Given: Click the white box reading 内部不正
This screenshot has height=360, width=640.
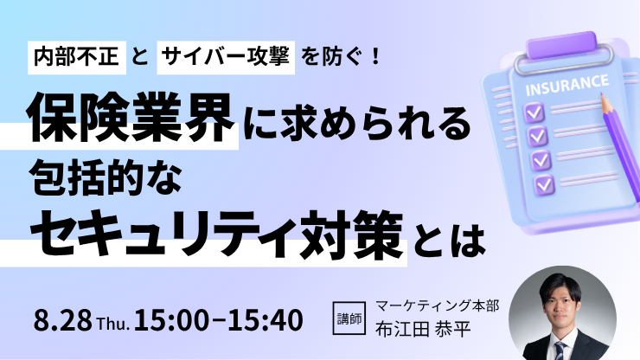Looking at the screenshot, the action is [77, 57].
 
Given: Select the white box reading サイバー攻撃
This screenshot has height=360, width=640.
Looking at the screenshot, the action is [226, 57].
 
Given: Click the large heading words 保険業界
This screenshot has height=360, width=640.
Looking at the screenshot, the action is [131, 118].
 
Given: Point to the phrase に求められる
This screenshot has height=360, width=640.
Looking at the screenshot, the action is [357, 122].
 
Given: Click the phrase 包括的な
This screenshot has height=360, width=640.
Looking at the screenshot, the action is [106, 178].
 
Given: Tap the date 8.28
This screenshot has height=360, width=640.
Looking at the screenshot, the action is [63, 320].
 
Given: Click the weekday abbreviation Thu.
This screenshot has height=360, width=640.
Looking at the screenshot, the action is [113, 324].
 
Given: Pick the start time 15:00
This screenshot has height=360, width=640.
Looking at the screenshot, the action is [172, 320].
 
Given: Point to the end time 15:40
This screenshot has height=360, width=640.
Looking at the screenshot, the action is [265, 320].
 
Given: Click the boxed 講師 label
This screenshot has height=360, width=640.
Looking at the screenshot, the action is [349, 318].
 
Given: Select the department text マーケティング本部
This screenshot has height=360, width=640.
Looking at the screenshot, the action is [437, 305].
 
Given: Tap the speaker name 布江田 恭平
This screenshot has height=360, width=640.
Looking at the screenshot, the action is [423, 330].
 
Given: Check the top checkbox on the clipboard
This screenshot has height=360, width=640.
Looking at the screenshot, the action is [534, 112].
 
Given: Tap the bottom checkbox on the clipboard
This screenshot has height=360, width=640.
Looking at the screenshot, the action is [545, 184].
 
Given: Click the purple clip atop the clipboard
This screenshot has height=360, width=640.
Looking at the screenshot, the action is [561, 45].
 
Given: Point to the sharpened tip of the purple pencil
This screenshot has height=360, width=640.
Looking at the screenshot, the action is [601, 94].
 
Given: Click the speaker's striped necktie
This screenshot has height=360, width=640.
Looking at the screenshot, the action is [560, 350].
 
